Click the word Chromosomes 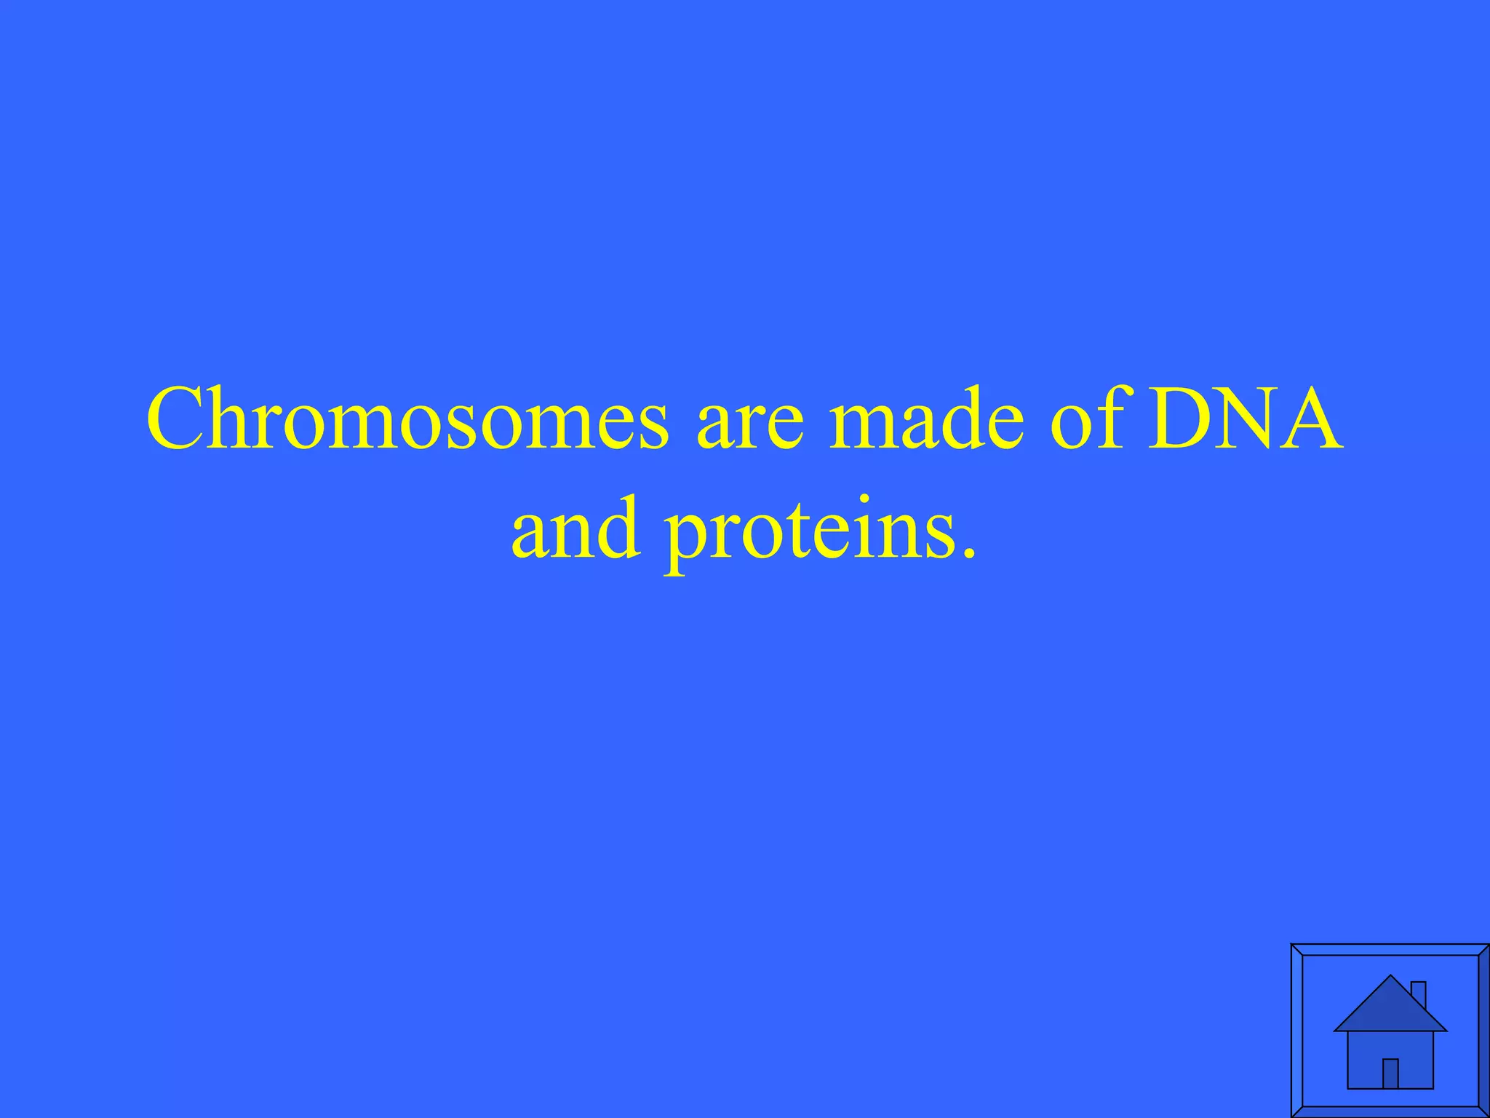coord(407,421)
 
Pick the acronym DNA coord(1244,421)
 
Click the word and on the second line coord(575,528)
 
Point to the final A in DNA coord(1310,421)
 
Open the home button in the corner coord(1390,1030)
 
